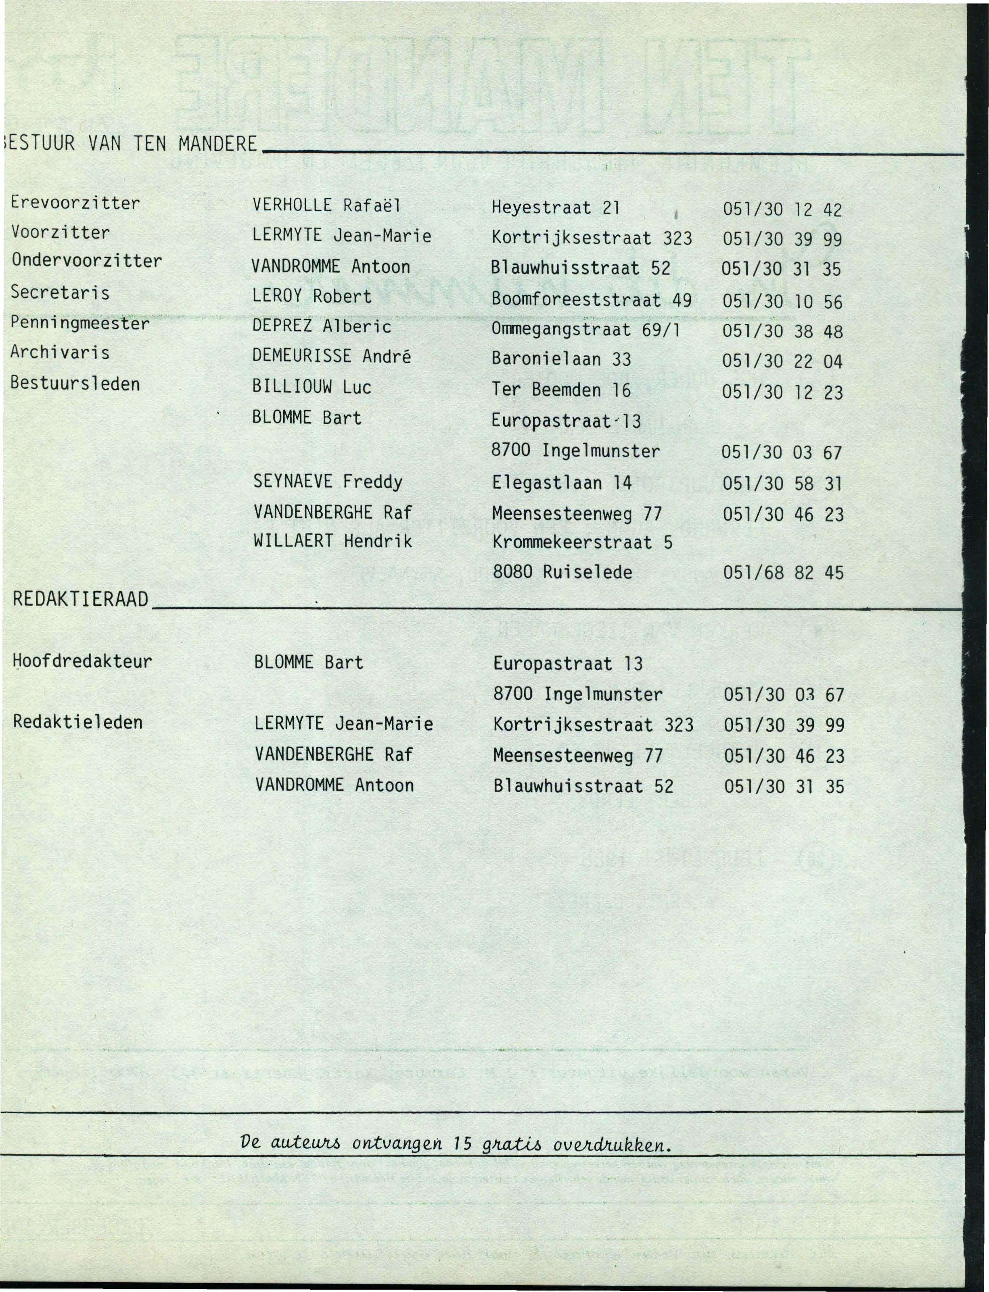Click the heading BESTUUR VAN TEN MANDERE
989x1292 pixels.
(131, 143)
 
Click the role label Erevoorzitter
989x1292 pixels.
(75, 203)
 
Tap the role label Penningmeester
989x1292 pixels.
(80, 323)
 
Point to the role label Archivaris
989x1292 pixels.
(60, 353)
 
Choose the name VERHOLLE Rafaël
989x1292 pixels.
(326, 205)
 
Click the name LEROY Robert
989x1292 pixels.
(312, 296)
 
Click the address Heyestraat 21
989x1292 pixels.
(556, 207)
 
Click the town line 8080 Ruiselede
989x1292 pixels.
(562, 572)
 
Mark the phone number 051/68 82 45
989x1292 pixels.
(783, 572)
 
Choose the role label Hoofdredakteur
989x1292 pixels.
(82, 661)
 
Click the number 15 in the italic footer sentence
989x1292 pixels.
(463, 1143)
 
